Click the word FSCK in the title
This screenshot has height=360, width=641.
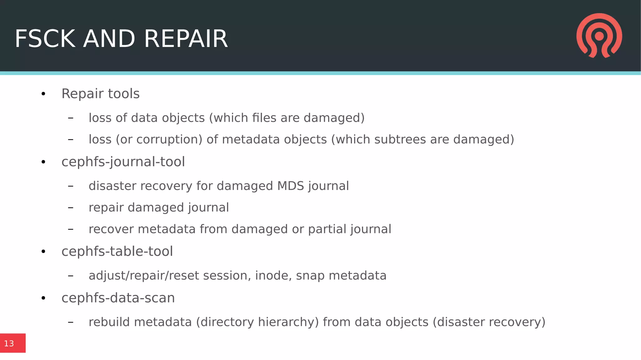pyautogui.click(x=45, y=39)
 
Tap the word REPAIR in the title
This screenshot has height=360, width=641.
pyautogui.click(x=186, y=39)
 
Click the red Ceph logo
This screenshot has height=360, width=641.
pyautogui.click(x=599, y=35)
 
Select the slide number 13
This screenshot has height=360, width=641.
pyautogui.click(x=9, y=344)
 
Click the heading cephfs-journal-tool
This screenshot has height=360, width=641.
pyautogui.click(x=123, y=162)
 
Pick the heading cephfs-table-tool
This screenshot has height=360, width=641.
pyautogui.click(x=117, y=251)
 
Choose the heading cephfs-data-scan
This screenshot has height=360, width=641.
pyautogui.click(x=118, y=298)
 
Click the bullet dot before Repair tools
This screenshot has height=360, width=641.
pyautogui.click(x=43, y=94)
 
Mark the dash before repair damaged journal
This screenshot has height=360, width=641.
pyautogui.click(x=71, y=208)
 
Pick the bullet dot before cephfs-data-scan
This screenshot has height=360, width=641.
pyautogui.click(x=43, y=298)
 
